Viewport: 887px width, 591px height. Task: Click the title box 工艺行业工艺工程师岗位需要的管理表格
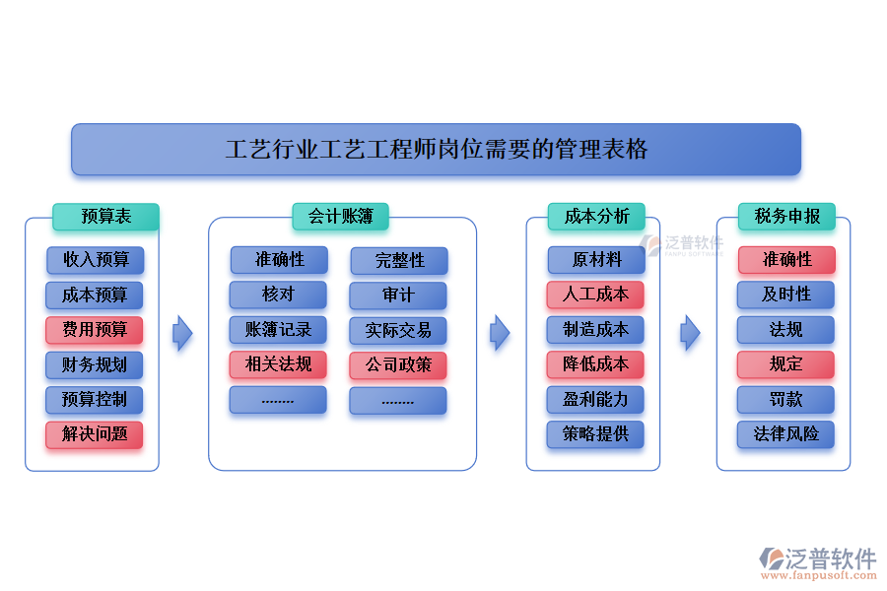(x=436, y=150)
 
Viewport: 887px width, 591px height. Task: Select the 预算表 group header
(x=105, y=217)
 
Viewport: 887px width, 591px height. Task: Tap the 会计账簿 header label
(x=340, y=217)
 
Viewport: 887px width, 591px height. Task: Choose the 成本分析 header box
(x=596, y=217)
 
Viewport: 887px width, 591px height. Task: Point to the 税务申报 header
(x=786, y=217)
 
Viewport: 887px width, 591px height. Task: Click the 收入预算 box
(x=95, y=260)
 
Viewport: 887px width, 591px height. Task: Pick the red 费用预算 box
(x=95, y=330)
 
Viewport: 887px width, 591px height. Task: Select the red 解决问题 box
(x=95, y=434)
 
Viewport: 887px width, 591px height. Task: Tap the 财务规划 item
(x=95, y=365)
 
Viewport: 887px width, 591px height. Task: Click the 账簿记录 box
(x=278, y=330)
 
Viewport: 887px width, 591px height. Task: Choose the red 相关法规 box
(x=278, y=365)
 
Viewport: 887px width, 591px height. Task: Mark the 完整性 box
(x=398, y=261)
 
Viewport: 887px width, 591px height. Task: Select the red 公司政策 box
(x=398, y=365)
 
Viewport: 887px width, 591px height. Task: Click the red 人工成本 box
(x=595, y=295)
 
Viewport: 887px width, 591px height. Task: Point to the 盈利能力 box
(x=595, y=399)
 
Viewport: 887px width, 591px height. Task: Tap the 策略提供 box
(x=595, y=434)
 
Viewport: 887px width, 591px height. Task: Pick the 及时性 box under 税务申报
(x=785, y=295)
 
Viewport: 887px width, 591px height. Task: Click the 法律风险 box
(x=785, y=434)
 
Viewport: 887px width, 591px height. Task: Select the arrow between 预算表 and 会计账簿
(x=182, y=333)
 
